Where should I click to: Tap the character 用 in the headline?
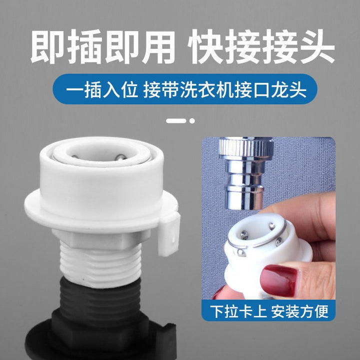158,46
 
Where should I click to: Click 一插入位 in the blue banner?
102,90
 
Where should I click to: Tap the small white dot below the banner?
192,121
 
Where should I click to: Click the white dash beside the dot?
176,121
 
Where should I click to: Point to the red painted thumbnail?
278,280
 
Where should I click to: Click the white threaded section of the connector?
100,265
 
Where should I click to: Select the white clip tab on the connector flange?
168,234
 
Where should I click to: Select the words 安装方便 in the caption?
299,311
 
